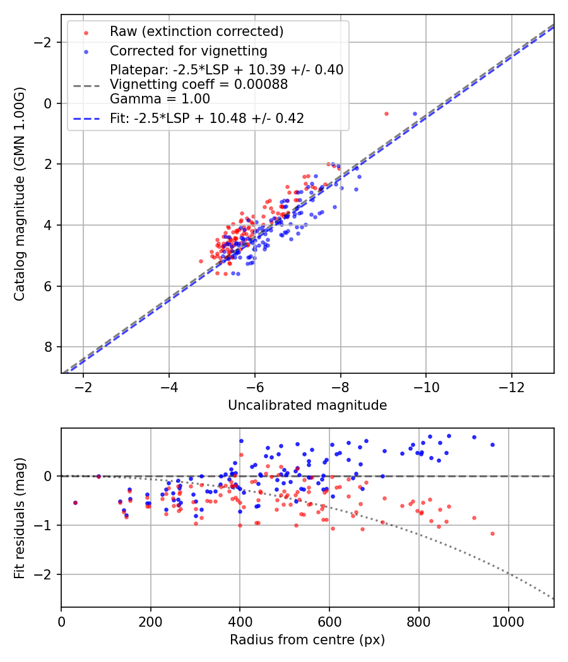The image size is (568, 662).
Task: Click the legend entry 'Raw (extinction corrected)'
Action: tap(196, 32)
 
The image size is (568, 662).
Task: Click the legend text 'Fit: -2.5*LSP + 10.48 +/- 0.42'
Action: tap(207, 119)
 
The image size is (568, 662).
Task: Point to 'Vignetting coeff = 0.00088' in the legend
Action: tap(199, 84)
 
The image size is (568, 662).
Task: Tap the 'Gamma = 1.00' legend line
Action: tap(160, 99)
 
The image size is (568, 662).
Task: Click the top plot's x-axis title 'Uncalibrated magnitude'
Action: tap(307, 405)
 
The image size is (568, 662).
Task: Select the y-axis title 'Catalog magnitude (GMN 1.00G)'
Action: tap(20, 194)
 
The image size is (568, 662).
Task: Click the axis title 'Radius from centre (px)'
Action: tap(307, 640)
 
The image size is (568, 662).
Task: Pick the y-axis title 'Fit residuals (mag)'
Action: tap(20, 518)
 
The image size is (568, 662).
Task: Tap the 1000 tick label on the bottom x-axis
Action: tap(508, 622)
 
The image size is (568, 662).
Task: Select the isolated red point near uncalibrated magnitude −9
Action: tap(386, 113)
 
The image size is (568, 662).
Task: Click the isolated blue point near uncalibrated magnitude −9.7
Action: tap(415, 113)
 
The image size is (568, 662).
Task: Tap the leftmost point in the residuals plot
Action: tap(75, 502)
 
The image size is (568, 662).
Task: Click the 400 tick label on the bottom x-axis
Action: tap(240, 622)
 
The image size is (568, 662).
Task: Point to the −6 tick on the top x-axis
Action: tap(254, 388)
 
